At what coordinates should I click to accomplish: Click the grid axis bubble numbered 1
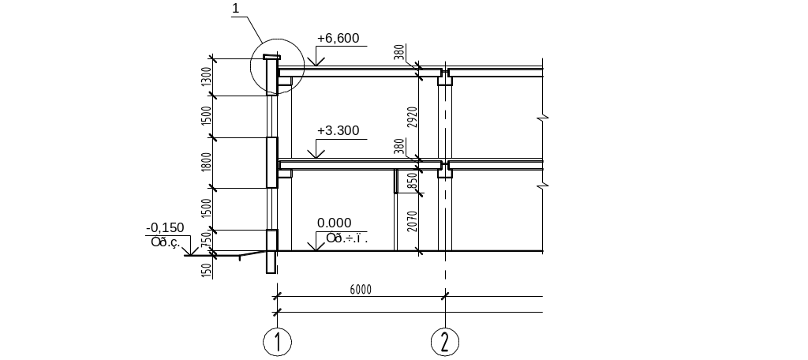pos(278,342)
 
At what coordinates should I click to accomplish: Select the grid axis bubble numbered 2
pos(445,342)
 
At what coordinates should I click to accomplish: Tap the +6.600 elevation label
pos(338,37)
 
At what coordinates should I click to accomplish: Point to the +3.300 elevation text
pos(338,130)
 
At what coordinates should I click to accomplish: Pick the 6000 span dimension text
pos(360,289)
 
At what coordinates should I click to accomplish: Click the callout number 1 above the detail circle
pos(235,8)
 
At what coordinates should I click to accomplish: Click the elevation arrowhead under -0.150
pos(188,252)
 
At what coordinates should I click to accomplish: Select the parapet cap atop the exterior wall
pos(271,58)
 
